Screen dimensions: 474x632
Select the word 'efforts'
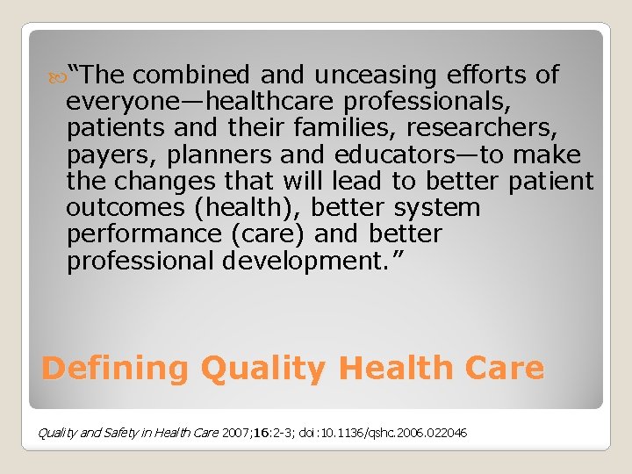point(483,75)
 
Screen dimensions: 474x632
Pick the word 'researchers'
point(478,128)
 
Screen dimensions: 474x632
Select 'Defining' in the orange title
point(115,368)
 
